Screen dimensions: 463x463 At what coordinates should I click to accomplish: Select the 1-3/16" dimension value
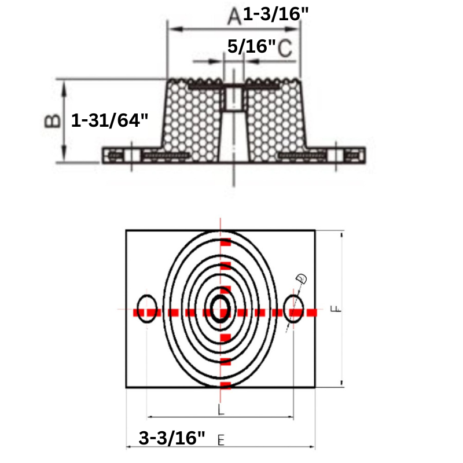click(x=272, y=14)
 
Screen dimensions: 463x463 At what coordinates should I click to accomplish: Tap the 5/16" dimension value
click(x=251, y=47)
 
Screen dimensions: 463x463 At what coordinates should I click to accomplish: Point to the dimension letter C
click(x=284, y=49)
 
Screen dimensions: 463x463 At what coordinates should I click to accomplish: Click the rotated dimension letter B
click(x=52, y=120)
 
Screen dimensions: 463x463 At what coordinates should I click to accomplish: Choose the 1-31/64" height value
click(x=110, y=120)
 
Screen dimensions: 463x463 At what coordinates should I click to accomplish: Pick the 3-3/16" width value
click(x=172, y=438)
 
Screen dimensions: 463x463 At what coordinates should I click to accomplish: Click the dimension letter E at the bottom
click(x=221, y=440)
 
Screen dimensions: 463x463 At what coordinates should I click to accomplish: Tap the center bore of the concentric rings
click(x=220, y=308)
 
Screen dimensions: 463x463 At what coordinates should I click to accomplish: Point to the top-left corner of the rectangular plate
click(x=126, y=230)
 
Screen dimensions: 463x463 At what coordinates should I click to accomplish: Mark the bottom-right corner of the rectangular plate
click(x=315, y=387)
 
